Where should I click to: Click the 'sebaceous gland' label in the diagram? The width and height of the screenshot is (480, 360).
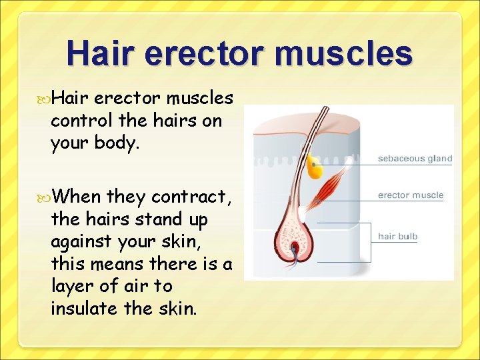click(x=415, y=159)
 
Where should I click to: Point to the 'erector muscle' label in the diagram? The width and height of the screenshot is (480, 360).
click(x=410, y=195)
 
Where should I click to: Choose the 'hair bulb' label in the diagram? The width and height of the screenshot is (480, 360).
click(x=397, y=236)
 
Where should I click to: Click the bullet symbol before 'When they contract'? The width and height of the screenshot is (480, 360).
click(x=44, y=197)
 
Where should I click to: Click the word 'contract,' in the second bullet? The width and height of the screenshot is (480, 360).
click(x=191, y=197)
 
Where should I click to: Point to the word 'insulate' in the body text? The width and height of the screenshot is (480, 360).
click(x=87, y=309)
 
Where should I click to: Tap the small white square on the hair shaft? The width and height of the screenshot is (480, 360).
click(x=305, y=148)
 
